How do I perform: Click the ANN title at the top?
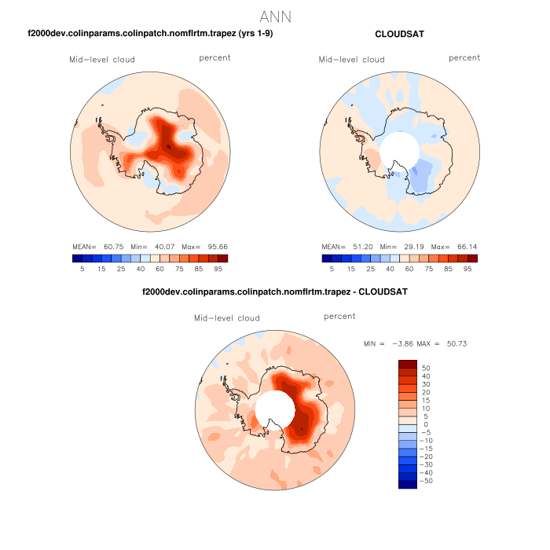click(275, 16)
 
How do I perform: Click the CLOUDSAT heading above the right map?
click(401, 34)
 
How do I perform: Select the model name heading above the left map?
click(150, 34)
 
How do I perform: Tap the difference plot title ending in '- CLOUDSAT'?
click(275, 291)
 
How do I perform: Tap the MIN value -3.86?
click(401, 344)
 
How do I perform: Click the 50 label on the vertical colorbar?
click(427, 368)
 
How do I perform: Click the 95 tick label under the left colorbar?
click(223, 269)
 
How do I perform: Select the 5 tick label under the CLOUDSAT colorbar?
click(332, 269)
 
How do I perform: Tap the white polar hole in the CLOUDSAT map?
click(399, 150)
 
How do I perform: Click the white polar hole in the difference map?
click(274, 411)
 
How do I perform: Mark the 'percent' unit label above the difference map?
click(339, 317)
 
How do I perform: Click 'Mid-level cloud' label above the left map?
click(102, 60)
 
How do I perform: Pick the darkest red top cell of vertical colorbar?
click(408, 364)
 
